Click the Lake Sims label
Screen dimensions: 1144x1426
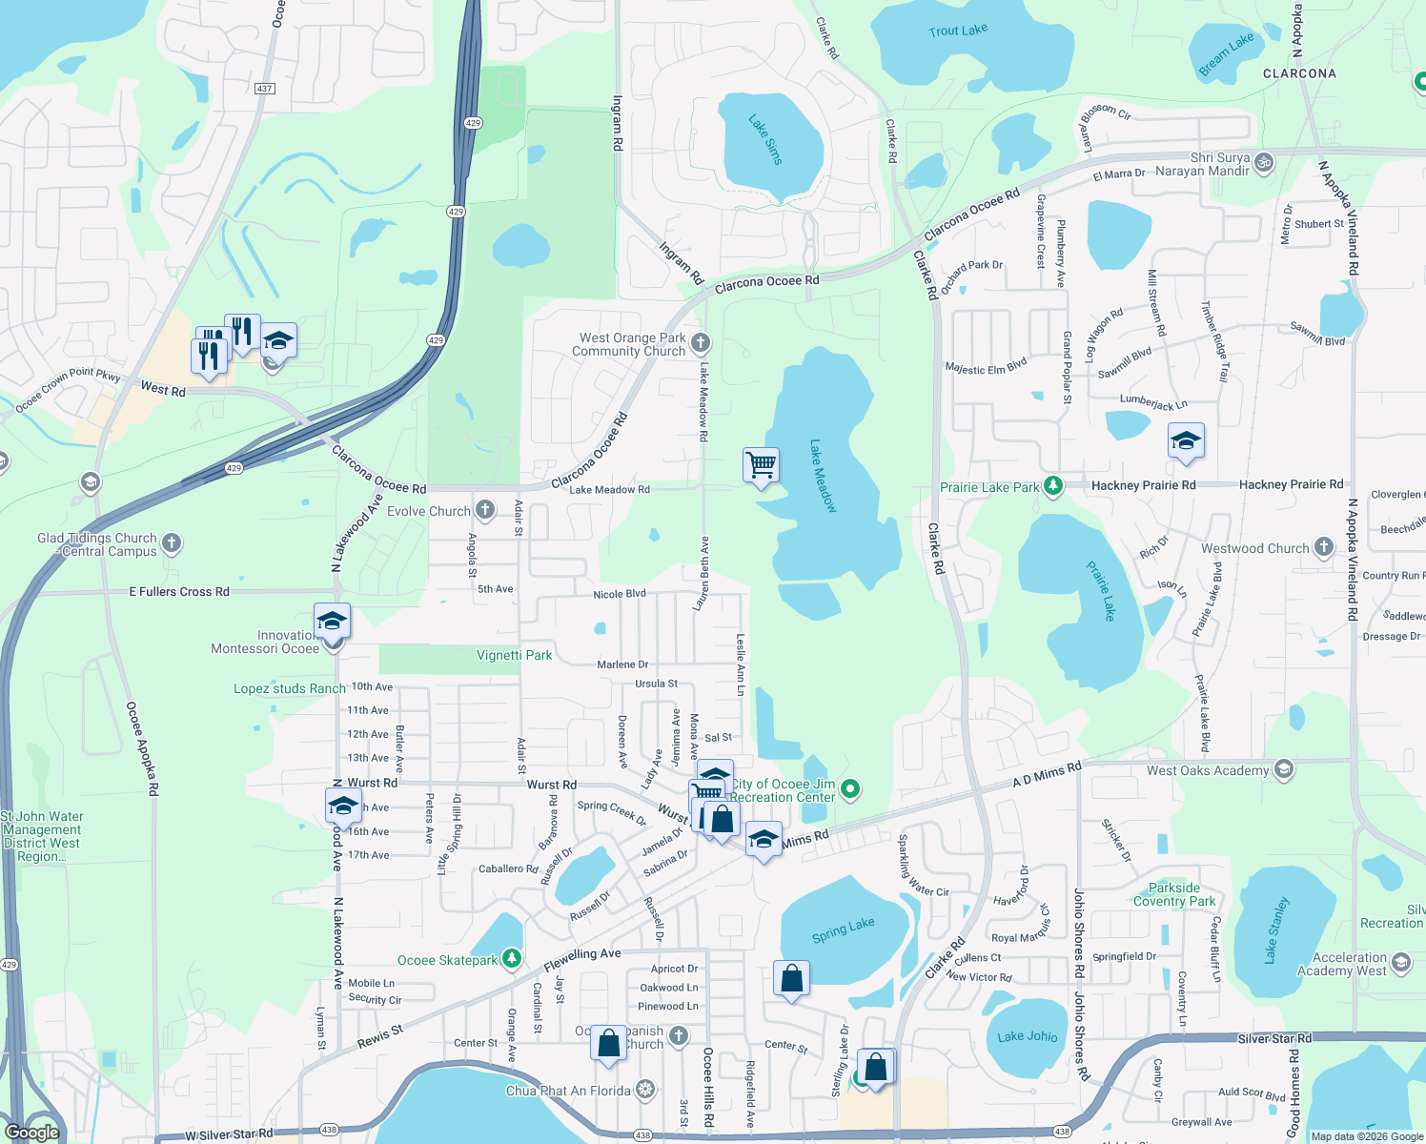(765, 140)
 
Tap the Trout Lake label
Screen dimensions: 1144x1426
(958, 31)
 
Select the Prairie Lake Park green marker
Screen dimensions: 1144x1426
(1052, 486)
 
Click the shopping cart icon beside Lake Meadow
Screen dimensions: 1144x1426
(761, 465)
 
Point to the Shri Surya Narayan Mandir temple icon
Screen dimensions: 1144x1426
(1264, 161)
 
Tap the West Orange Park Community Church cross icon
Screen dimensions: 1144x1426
(701, 342)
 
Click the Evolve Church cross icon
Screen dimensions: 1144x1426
(485, 510)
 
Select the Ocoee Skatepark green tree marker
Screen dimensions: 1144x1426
(512, 958)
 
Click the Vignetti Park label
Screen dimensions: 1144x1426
(514, 655)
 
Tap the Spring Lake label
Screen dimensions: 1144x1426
(843, 930)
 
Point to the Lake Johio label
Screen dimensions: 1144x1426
(1027, 1036)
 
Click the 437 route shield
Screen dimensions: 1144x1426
(264, 89)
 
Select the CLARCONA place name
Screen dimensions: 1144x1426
(1299, 73)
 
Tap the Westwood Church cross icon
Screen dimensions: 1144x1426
(1324, 547)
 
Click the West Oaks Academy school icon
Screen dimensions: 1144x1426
(1284, 769)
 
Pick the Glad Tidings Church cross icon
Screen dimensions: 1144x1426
(172, 543)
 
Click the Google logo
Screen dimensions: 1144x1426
(31, 1133)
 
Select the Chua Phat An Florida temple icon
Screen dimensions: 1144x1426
(645, 1090)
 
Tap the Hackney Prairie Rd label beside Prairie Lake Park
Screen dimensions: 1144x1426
(1143, 485)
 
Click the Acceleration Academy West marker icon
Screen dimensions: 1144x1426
(1401, 963)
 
